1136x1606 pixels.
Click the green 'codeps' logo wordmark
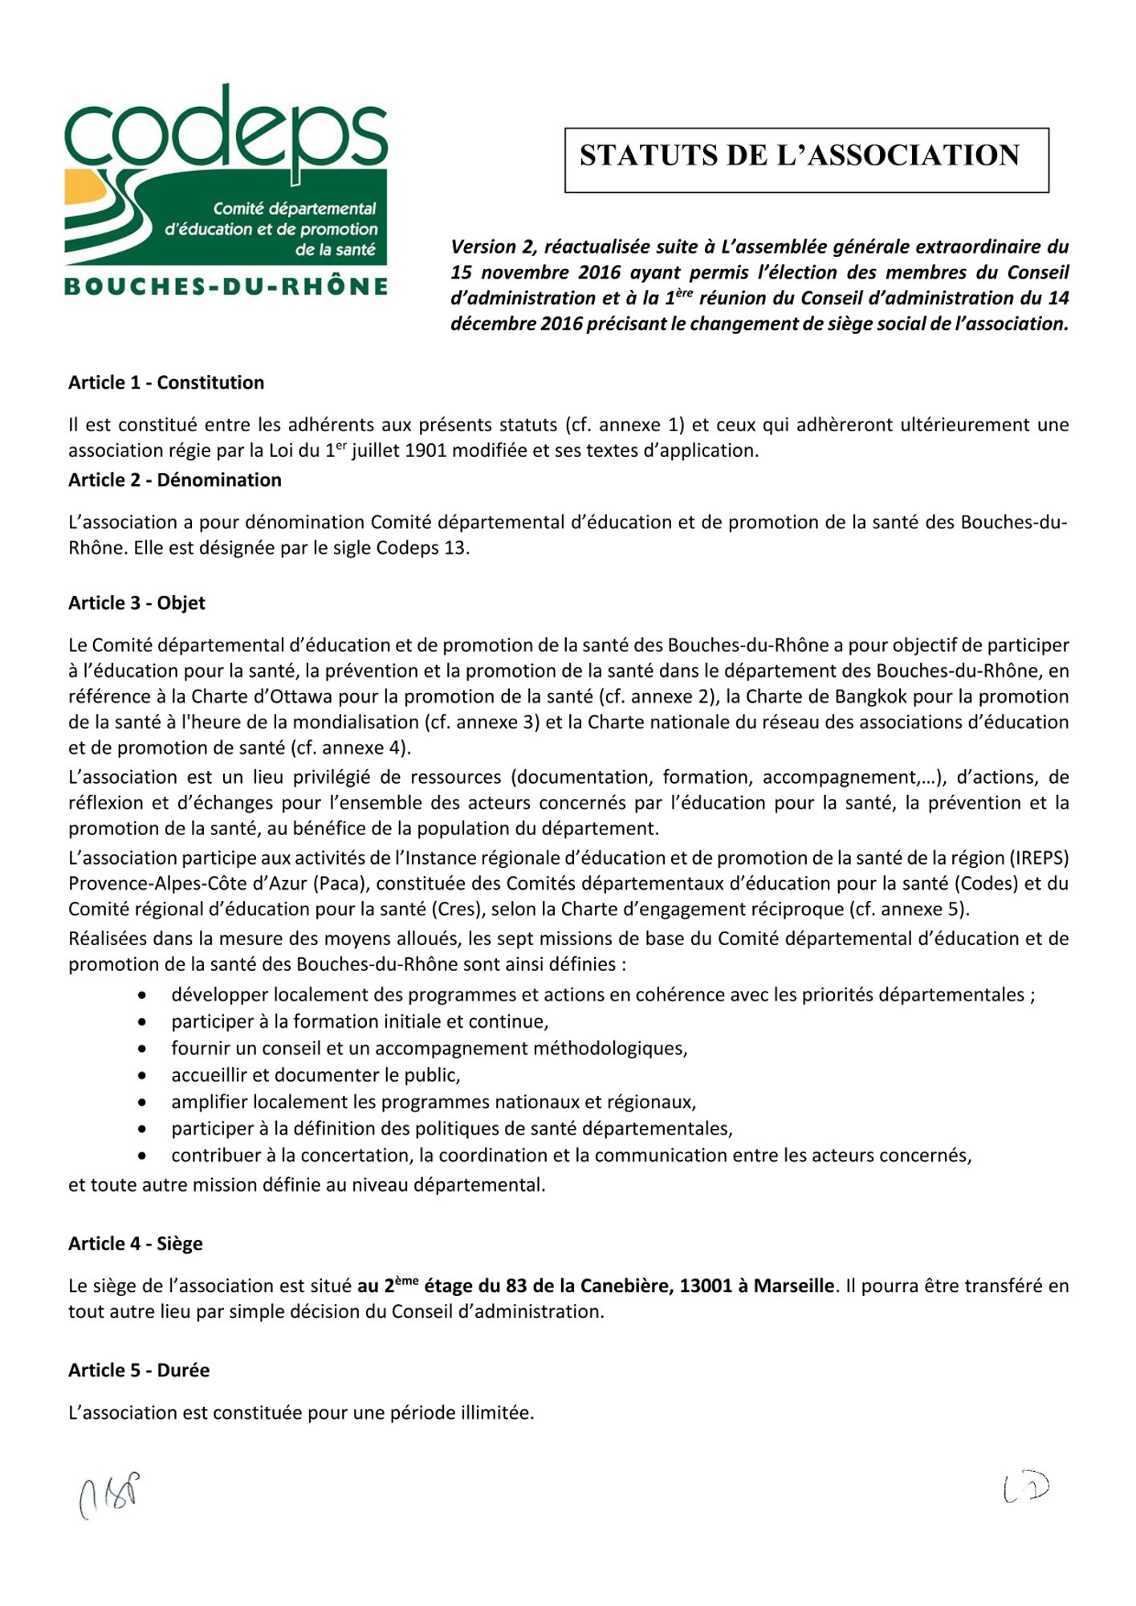[x=226, y=128]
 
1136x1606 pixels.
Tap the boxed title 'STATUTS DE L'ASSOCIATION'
[x=806, y=157]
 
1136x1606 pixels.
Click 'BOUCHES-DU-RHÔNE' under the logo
[x=226, y=287]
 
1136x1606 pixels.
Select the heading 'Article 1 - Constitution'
[x=166, y=383]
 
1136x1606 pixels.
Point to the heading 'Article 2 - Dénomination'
[x=175, y=480]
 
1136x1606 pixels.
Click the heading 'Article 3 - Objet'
[x=136, y=603]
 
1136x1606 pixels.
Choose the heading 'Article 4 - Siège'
[x=136, y=1244]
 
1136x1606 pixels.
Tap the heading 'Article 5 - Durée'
[x=139, y=1371]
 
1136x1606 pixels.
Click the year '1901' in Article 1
[x=425, y=451]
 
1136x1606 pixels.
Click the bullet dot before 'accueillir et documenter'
[x=142, y=1076]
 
